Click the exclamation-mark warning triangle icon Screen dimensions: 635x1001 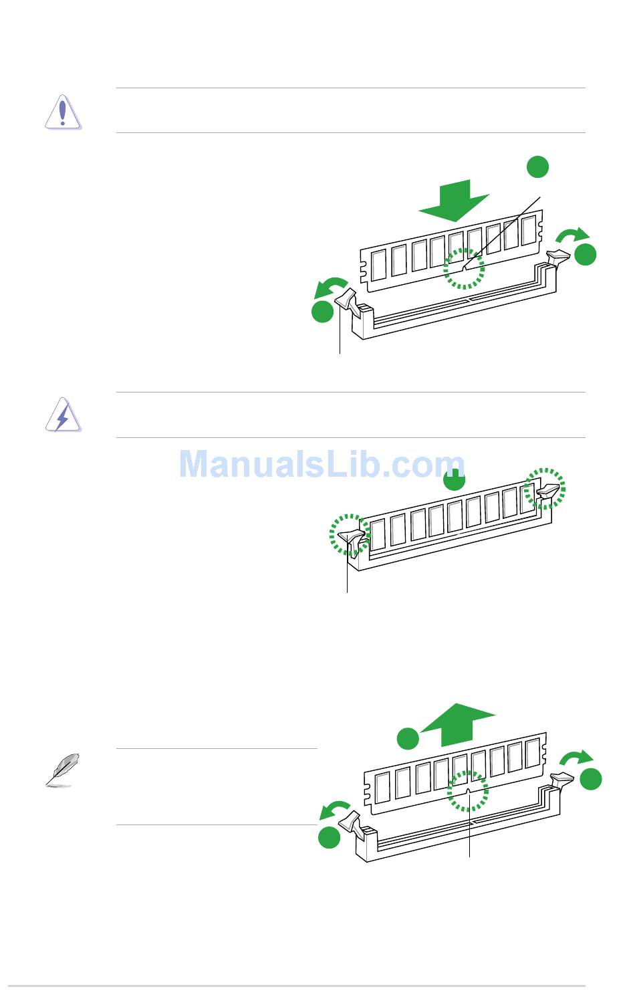[x=62, y=112]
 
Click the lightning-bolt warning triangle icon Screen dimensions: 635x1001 [x=62, y=416]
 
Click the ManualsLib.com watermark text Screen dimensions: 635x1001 [x=322, y=464]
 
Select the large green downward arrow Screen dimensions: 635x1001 [x=454, y=199]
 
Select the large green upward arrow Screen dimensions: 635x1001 [x=460, y=725]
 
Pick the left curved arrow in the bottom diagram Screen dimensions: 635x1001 [x=336, y=810]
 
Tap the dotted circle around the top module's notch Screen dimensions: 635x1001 [x=466, y=269]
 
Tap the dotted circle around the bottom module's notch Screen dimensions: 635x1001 [x=468, y=790]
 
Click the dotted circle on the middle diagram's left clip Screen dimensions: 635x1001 [x=349, y=534]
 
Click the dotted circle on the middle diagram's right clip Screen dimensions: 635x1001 [x=545, y=488]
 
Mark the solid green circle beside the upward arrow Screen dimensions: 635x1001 [x=408, y=739]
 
